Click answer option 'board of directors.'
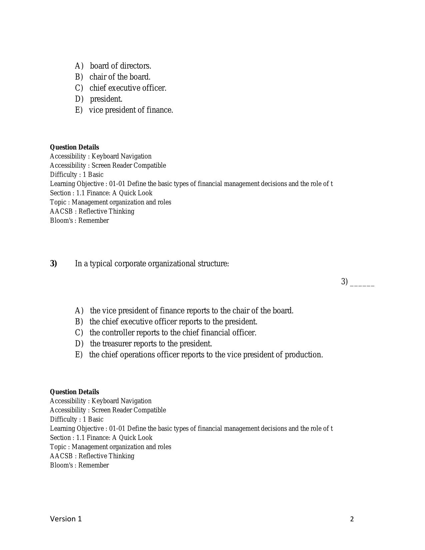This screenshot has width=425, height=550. pyautogui.click(x=120, y=66)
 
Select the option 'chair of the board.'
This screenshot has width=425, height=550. pyautogui.click(x=120, y=77)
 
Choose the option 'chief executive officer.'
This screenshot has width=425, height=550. pyautogui.click(x=128, y=88)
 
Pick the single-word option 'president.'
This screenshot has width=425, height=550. pyautogui.click(x=106, y=99)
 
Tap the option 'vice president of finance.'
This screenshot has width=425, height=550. pyautogui.click(x=131, y=110)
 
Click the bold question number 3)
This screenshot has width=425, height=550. pyautogui.click(x=54, y=264)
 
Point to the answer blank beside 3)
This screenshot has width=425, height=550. pyautogui.click(x=362, y=283)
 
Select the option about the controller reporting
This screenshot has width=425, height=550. pyautogui.click(x=173, y=333)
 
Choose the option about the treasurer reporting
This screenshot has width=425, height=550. pyautogui.click(x=151, y=344)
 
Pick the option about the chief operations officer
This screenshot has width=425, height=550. pyautogui.click(x=206, y=355)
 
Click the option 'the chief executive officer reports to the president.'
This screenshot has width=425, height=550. pyautogui.click(x=173, y=322)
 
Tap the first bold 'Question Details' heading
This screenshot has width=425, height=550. pyautogui.click(x=74, y=147)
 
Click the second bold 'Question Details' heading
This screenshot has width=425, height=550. pyautogui.click(x=74, y=392)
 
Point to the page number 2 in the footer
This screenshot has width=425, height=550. pyautogui.click(x=352, y=519)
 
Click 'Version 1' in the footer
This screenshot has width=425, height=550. pyautogui.click(x=66, y=519)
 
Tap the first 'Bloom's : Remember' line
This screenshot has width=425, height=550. pyautogui.click(x=79, y=221)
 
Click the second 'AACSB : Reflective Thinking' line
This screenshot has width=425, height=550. pyautogui.click(x=92, y=456)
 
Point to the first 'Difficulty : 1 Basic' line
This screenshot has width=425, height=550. pyautogui.click(x=77, y=175)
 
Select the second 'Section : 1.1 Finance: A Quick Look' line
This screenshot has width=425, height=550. pyautogui.click(x=101, y=438)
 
